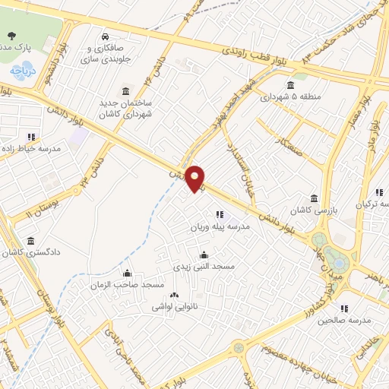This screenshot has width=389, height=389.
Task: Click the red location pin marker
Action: click(x=195, y=177)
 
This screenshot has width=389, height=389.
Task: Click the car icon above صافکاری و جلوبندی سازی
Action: click(x=105, y=36)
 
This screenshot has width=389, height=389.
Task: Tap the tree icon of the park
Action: click(x=11, y=36)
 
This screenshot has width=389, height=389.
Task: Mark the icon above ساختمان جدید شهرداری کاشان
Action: click(x=125, y=90)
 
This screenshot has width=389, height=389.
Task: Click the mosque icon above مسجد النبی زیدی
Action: click(x=202, y=255)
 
